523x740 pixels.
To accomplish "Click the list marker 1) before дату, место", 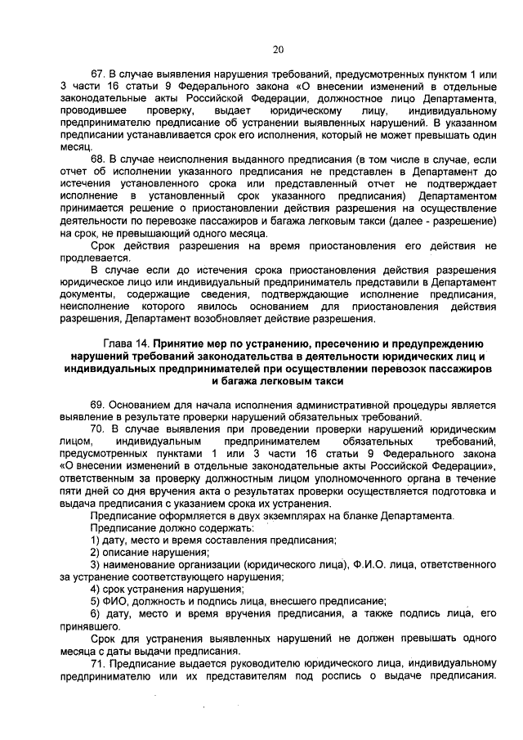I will tap(96, 540).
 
